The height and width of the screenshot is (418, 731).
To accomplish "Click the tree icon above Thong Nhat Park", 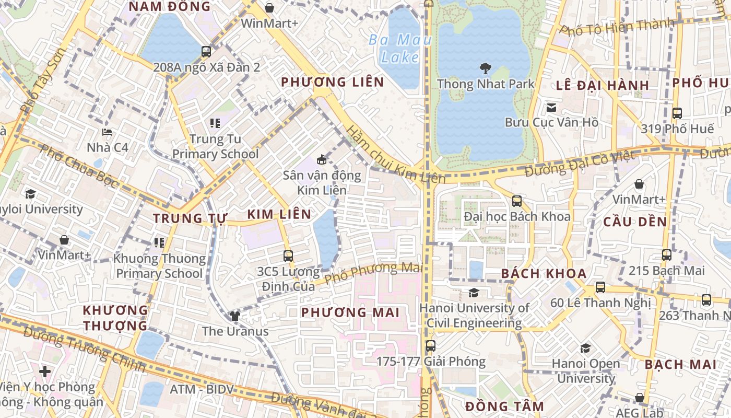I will [486, 68].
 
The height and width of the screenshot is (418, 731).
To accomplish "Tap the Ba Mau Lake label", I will [400, 48].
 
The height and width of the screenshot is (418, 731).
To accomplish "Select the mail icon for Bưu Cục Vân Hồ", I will [551, 108].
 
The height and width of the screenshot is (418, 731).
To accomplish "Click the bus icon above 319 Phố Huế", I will [677, 113].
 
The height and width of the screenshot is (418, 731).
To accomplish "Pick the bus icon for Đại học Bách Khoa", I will [517, 201].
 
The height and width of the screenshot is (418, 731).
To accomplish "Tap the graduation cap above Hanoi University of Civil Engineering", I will [474, 293].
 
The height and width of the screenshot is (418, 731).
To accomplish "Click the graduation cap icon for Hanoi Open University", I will [585, 348].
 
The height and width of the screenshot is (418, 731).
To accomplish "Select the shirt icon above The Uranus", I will [234, 316].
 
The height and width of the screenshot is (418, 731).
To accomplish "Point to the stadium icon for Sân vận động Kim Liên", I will [322, 159].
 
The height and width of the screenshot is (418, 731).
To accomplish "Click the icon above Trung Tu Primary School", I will [215, 123].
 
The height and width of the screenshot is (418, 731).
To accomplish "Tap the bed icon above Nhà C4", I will [107, 132].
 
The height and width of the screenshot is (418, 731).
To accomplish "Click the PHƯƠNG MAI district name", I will [350, 312].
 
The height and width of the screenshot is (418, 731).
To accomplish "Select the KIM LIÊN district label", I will [279, 214].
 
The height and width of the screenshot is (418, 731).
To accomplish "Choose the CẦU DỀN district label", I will [635, 222].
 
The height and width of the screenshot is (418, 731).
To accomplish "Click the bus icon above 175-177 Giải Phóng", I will [431, 346].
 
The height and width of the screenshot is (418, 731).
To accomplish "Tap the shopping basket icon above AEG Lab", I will [639, 398].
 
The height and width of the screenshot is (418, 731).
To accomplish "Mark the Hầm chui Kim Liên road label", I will [395, 155].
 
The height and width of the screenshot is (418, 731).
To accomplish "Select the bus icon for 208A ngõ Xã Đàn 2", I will [206, 52].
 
